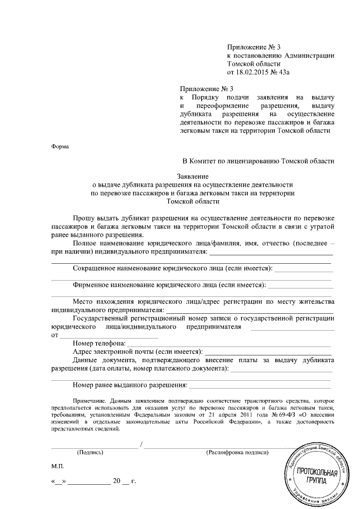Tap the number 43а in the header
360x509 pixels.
pyautogui.click(x=287, y=73)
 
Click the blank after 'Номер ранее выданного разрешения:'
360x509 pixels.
pyautogui.click(x=260, y=385)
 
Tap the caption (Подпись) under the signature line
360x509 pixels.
pyautogui.click(x=90, y=452)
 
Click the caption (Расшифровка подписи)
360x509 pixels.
pyautogui.click(x=237, y=452)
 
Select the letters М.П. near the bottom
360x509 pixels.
pyautogui.click(x=58, y=467)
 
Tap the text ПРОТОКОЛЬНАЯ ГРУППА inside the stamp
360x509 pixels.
pyautogui.click(x=318, y=477)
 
